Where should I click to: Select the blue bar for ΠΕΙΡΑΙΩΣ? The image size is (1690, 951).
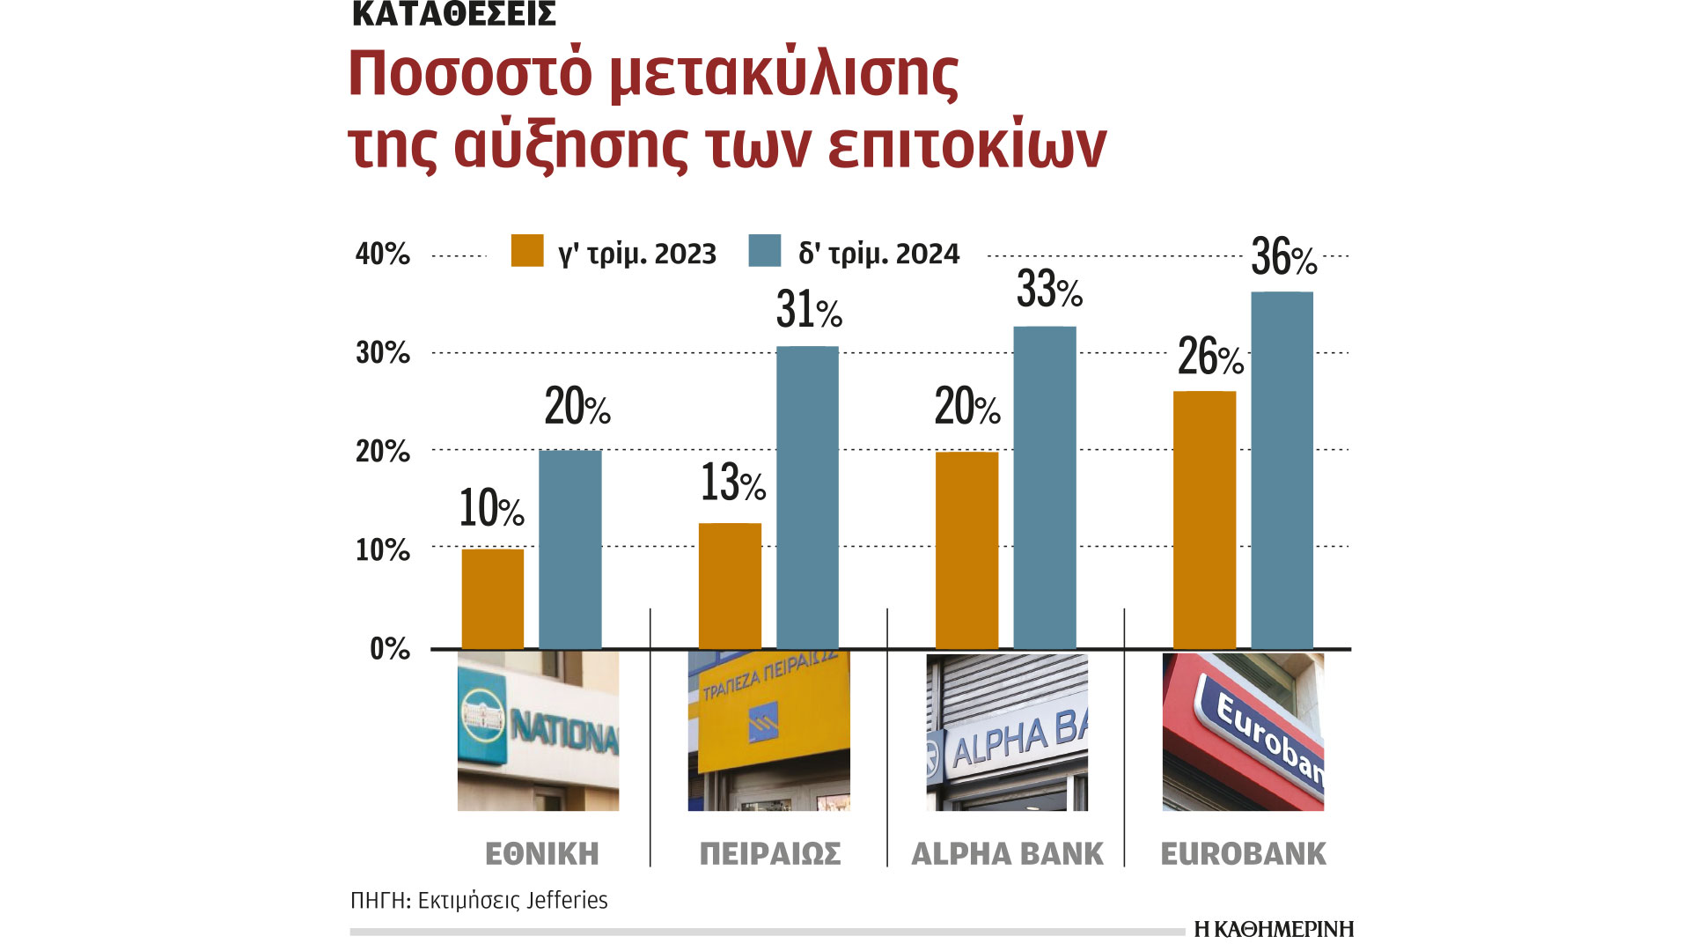tap(807, 498)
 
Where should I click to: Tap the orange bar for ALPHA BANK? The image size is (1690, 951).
tap(966, 550)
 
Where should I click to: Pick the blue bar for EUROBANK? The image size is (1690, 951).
tap(1282, 471)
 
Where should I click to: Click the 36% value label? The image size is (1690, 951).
tap(1283, 258)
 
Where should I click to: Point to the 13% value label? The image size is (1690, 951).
tap(732, 483)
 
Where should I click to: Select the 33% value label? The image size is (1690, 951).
tap(1048, 290)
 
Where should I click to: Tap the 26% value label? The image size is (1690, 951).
tap(1210, 358)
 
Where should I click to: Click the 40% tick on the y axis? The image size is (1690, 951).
tap(382, 254)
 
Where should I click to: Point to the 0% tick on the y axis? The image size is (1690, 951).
tap(389, 650)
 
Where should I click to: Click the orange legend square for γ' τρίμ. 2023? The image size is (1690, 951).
tap(527, 251)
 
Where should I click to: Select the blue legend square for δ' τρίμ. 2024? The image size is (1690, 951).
tap(764, 251)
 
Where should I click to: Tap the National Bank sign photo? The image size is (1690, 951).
tap(538, 731)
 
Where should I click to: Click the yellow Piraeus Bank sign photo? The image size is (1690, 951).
tap(768, 731)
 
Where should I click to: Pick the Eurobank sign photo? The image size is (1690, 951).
tap(1243, 731)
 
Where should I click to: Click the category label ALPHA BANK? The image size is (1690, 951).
tap(1007, 854)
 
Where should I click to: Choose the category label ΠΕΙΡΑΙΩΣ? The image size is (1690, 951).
tap(770, 854)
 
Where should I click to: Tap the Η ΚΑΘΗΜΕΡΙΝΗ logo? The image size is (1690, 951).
tap(1274, 930)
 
